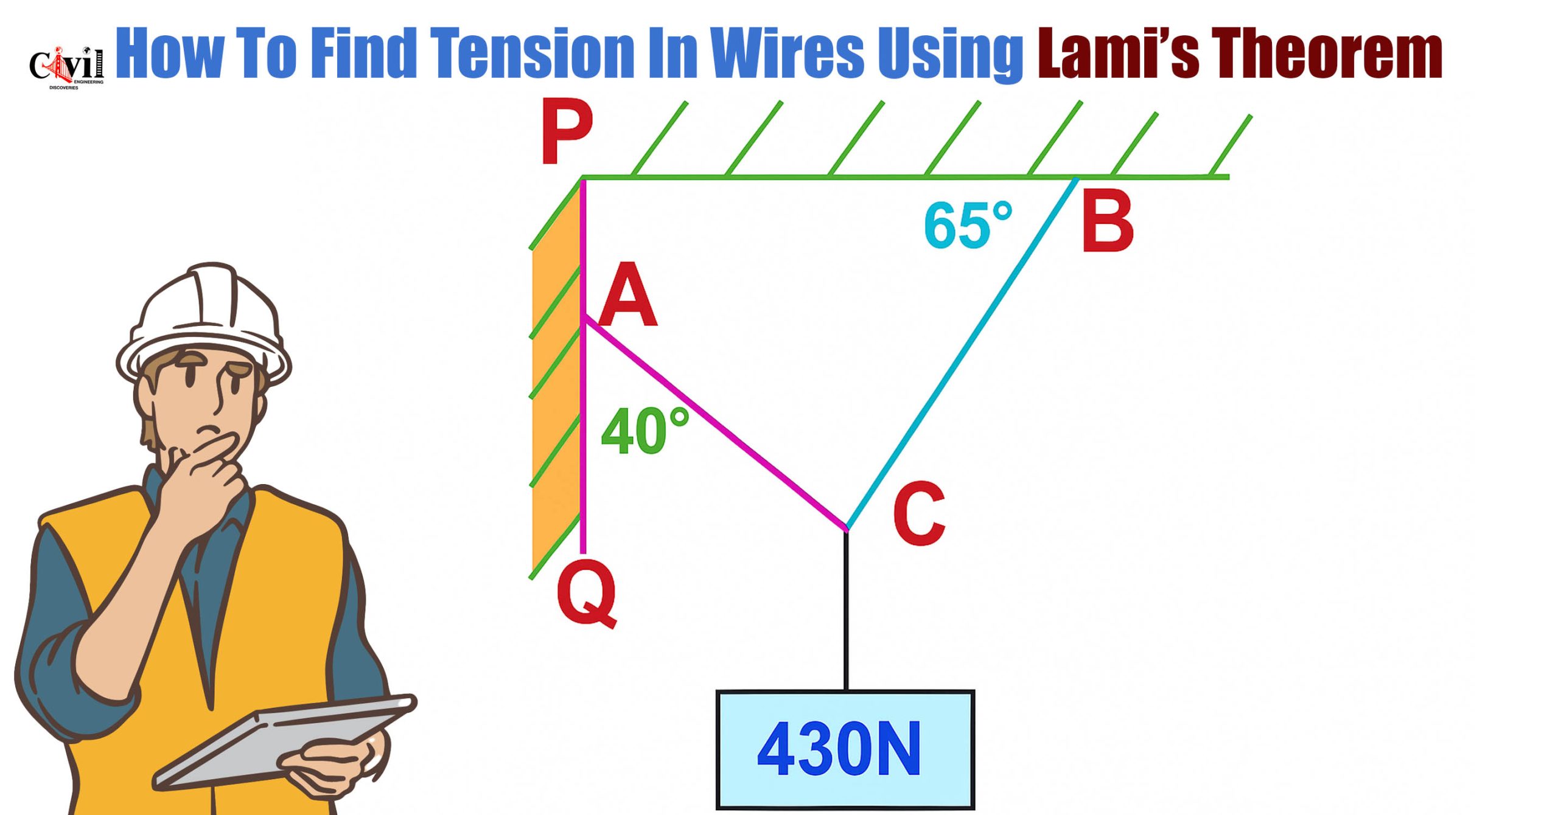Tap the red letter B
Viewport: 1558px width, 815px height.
pos(1107,221)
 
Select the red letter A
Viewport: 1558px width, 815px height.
pos(627,296)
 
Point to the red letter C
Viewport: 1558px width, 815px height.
pos(918,514)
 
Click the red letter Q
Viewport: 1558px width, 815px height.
pos(585,593)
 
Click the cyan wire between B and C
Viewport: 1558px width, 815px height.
pos(962,353)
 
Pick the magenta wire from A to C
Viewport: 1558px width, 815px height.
pos(712,423)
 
